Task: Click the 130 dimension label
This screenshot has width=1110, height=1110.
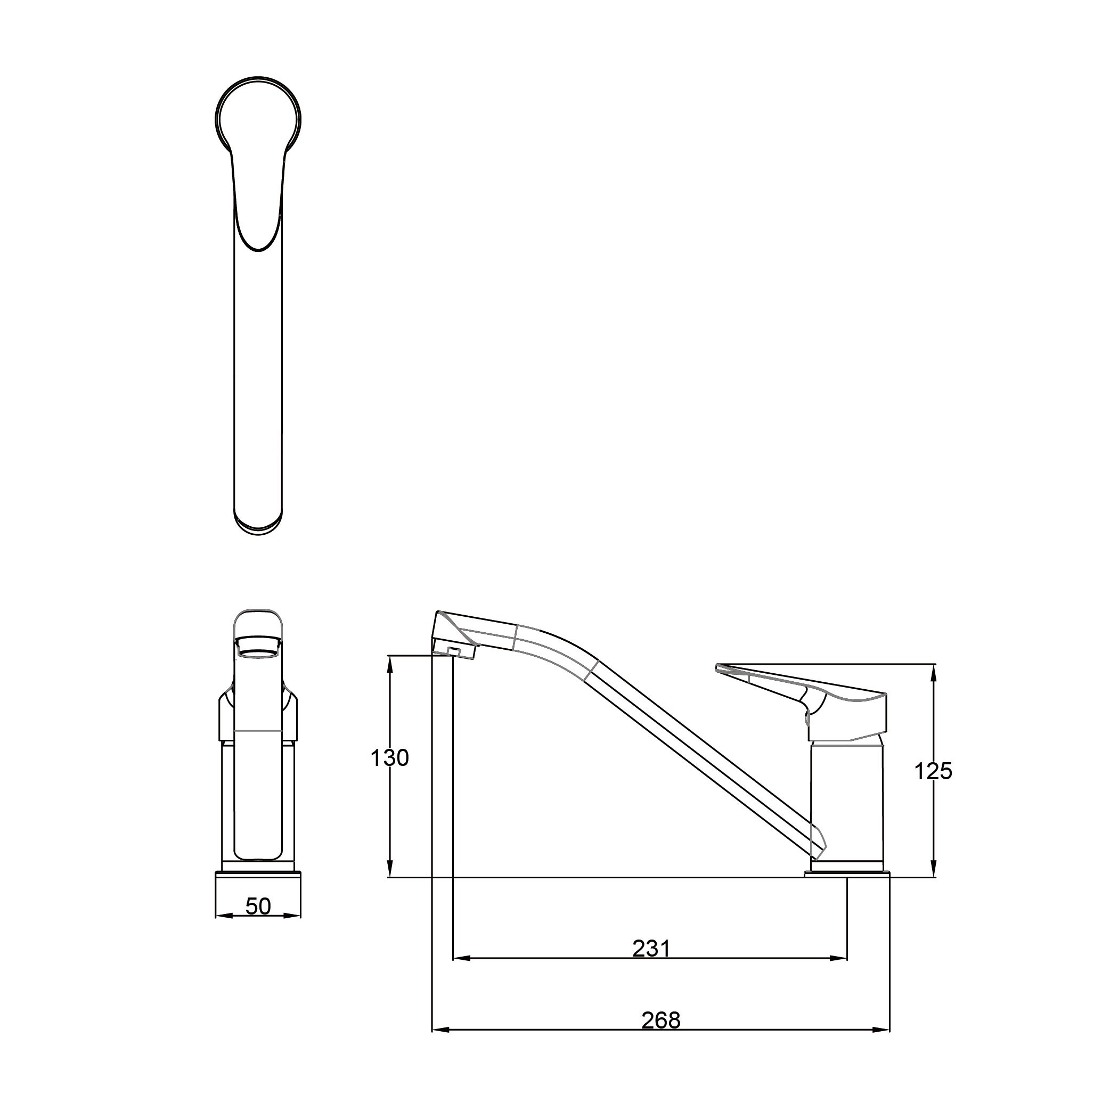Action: [x=389, y=758]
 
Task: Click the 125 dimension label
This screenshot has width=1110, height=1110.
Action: [x=933, y=772]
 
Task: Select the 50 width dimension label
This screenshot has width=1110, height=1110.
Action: [x=258, y=906]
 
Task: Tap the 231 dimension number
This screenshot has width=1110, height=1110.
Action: [x=651, y=949]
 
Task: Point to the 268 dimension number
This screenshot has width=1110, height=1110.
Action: [x=660, y=1021]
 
